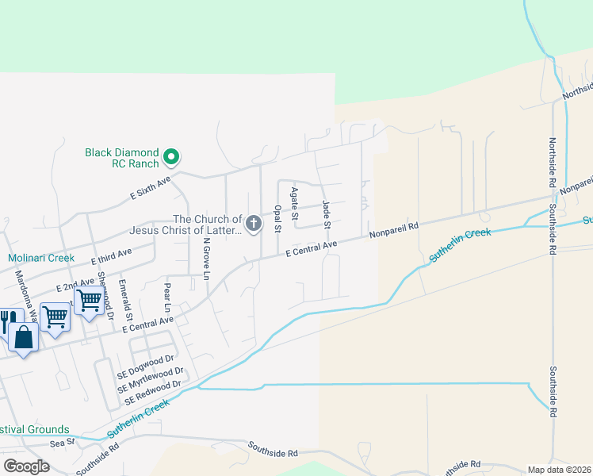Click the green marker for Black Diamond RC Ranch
[x=170, y=158]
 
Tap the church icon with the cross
[x=254, y=225]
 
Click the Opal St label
[x=277, y=219]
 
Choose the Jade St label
[x=326, y=215]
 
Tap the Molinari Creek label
[x=41, y=258]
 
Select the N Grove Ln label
[x=206, y=259]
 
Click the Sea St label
[x=62, y=441]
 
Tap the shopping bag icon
[x=24, y=337]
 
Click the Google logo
[x=26, y=466]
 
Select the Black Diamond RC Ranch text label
[x=122, y=158]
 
